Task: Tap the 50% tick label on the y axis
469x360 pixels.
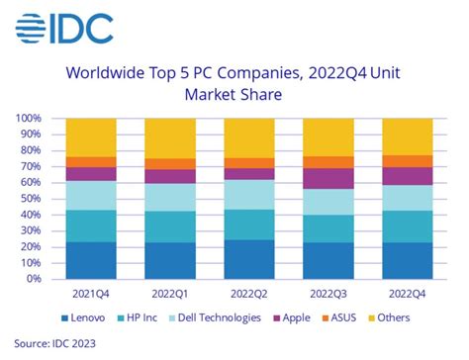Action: (x=31, y=199)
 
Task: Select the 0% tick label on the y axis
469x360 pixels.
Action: (x=34, y=279)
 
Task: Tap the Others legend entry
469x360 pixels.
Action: (x=395, y=317)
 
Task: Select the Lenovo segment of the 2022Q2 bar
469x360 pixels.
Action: (x=248, y=259)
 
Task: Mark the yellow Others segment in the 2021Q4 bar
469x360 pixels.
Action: (x=91, y=137)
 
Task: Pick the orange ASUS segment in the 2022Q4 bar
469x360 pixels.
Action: (x=406, y=160)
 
